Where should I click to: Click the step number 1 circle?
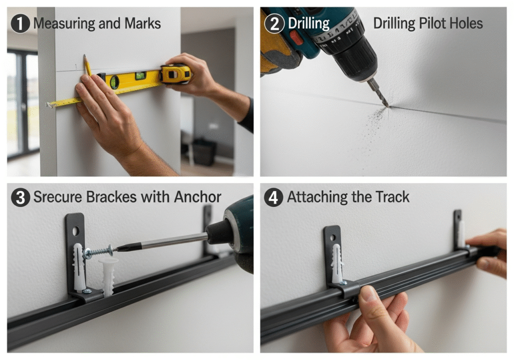pyautogui.click(x=20, y=24)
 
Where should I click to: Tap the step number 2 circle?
pyautogui.click(x=274, y=24)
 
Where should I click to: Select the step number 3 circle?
pyautogui.click(x=20, y=197)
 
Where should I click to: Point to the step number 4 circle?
pyautogui.click(x=274, y=197)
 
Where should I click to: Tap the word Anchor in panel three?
pyautogui.click(x=198, y=197)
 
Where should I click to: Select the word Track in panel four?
pyautogui.click(x=393, y=197)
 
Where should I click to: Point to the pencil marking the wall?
pyautogui.click(x=87, y=65)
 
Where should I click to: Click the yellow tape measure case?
pyautogui.click(x=175, y=74)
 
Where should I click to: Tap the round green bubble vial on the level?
pyautogui.click(x=114, y=82)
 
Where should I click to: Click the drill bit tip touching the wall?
pyautogui.click(x=388, y=105)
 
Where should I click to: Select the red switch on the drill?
pyautogui.click(x=296, y=38)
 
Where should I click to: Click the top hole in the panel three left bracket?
pyautogui.click(x=76, y=231)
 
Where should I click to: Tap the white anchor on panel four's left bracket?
pyautogui.click(x=337, y=265)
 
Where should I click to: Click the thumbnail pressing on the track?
pyautogui.click(x=369, y=294)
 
